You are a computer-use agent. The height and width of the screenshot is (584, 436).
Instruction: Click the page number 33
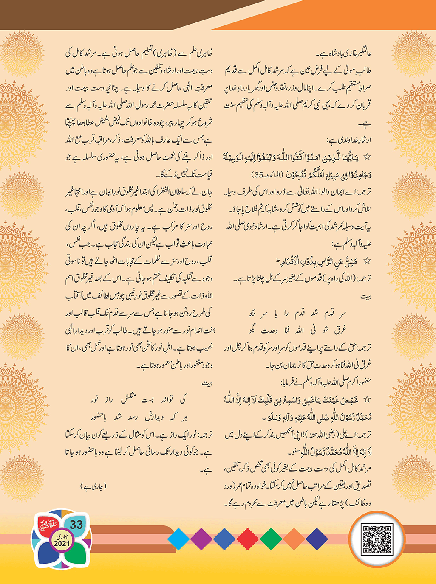coord(76,525)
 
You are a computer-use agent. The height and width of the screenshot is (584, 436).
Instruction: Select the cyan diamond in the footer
coord(178,539)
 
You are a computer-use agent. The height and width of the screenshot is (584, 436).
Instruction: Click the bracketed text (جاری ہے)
coord(93,486)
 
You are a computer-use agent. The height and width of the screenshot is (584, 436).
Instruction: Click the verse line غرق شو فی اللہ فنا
coord(297,330)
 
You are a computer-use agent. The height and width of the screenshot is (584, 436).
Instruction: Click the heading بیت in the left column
coord(207,384)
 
